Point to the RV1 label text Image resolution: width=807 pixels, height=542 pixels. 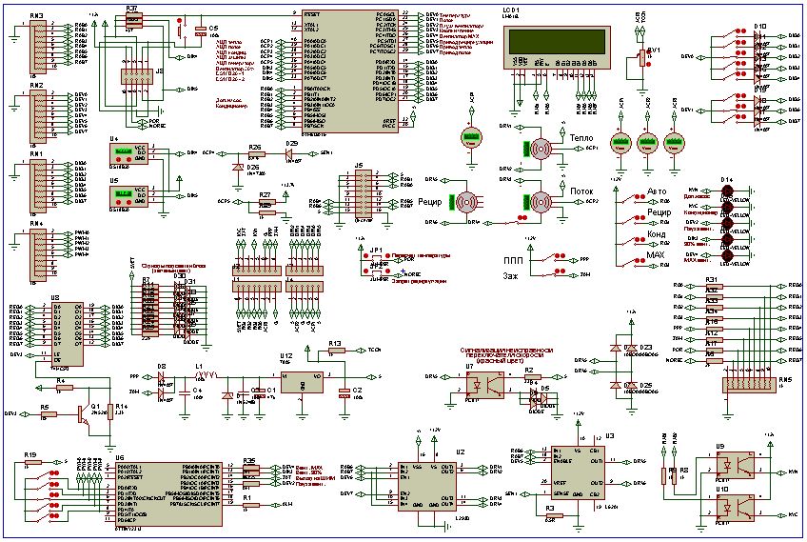click(654, 50)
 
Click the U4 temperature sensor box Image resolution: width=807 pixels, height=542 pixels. click(122, 153)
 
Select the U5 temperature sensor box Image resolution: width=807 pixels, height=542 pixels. click(122, 195)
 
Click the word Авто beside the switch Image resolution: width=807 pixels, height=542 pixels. click(658, 191)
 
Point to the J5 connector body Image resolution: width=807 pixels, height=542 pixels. click(361, 195)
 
